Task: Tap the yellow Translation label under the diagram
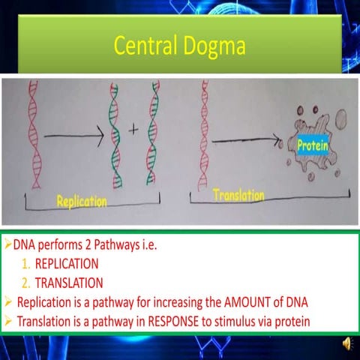(x=238, y=196)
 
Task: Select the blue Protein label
(x=311, y=144)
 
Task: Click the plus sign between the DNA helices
(x=134, y=129)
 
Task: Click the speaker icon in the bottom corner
(x=348, y=343)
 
